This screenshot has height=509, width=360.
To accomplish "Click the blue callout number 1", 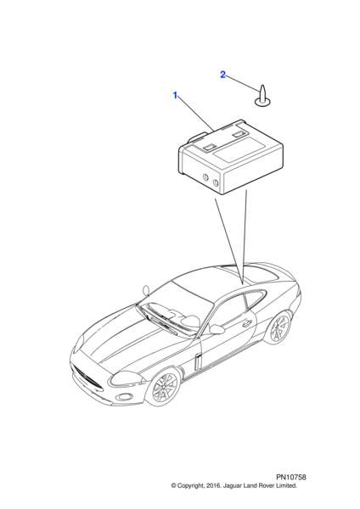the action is (x=175, y=95).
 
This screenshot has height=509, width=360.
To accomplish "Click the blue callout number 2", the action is (x=222, y=75).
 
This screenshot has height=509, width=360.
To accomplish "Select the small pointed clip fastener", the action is (x=262, y=97).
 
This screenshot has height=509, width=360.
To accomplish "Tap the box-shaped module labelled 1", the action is (x=231, y=157).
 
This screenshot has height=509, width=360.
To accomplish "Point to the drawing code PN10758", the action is (x=291, y=477).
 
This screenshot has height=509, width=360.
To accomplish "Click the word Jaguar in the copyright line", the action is (x=231, y=486).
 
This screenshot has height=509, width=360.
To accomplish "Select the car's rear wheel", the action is (x=278, y=327).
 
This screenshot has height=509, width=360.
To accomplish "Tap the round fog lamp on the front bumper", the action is (x=124, y=397).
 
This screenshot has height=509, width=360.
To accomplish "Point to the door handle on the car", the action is (x=247, y=323).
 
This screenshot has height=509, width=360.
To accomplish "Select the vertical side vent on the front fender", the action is (x=198, y=361).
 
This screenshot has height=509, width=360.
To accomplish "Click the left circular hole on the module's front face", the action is (x=205, y=177).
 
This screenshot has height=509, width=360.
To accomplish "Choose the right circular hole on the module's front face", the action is (x=216, y=182).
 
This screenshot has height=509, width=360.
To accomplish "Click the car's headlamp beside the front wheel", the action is (x=127, y=379).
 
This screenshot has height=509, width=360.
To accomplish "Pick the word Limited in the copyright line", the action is (x=287, y=486).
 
